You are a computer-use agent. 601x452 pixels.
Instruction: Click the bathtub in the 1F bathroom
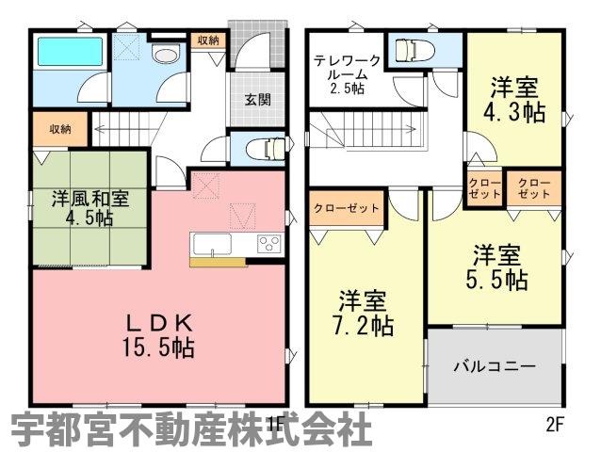(x=71, y=52)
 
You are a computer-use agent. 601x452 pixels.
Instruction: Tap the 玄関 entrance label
(x=258, y=100)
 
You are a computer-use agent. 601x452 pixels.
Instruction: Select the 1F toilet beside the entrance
(x=267, y=149)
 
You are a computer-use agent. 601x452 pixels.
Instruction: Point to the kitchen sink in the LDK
(x=212, y=243)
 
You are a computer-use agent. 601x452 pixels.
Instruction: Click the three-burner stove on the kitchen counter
(x=269, y=243)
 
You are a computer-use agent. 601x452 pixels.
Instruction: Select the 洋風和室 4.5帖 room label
(x=90, y=209)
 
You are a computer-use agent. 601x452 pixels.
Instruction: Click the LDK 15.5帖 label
(x=158, y=337)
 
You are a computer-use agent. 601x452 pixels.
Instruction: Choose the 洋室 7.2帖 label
(x=363, y=313)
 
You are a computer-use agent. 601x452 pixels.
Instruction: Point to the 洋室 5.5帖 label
(x=496, y=267)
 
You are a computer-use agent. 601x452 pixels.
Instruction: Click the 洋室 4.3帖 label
(x=514, y=100)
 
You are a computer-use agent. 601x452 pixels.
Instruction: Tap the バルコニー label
(x=495, y=367)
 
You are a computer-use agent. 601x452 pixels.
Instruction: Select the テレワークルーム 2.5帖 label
(x=347, y=74)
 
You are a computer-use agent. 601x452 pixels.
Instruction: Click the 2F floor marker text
(x=555, y=425)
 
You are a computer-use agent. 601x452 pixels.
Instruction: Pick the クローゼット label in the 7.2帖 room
(x=347, y=208)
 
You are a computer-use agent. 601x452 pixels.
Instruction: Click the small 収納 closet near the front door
(x=208, y=40)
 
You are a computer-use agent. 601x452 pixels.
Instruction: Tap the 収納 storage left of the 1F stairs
(x=60, y=129)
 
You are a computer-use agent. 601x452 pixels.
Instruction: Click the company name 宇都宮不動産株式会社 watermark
(x=191, y=428)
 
